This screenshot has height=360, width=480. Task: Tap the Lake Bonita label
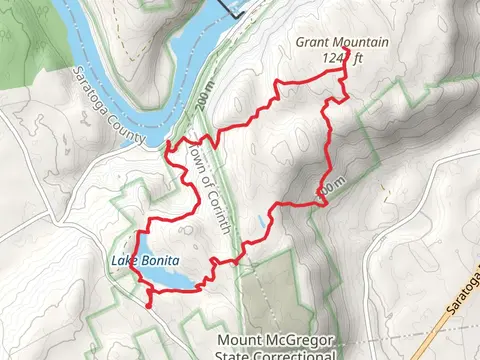[145, 261]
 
